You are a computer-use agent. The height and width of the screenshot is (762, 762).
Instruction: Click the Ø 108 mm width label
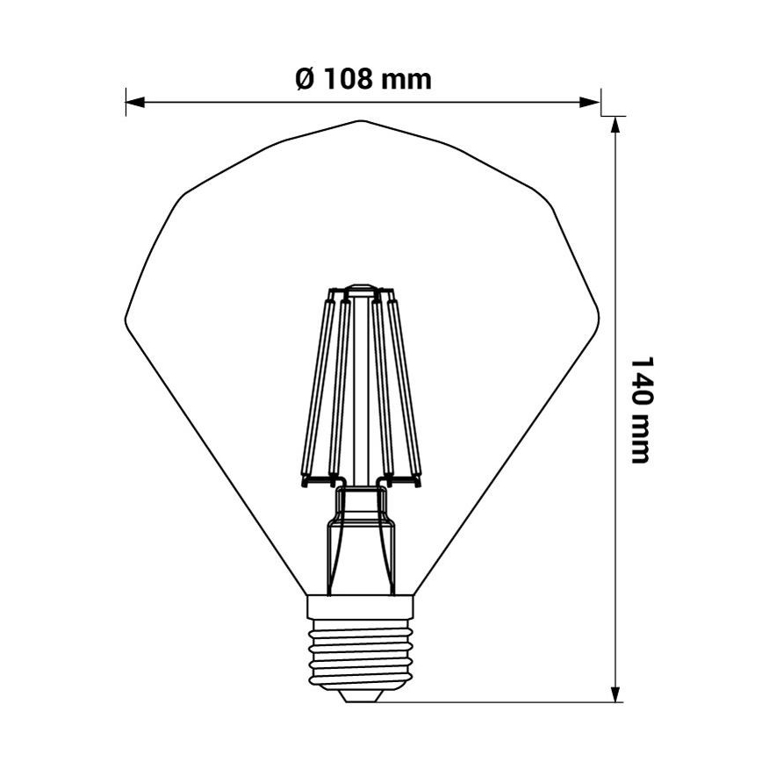pyautogui.click(x=363, y=79)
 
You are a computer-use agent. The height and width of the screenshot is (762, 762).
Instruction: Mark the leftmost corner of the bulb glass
pyautogui.click(x=126, y=317)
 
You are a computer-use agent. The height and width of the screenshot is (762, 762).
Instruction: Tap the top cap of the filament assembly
pyautogui.click(x=361, y=289)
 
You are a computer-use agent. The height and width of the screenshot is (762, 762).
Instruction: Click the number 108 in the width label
pyautogui.click(x=349, y=79)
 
